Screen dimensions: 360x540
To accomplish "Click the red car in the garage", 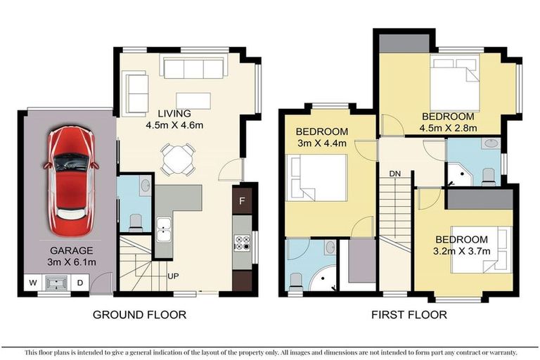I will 70,181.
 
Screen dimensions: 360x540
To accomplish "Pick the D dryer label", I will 79,283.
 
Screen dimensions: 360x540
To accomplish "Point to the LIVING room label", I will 174,113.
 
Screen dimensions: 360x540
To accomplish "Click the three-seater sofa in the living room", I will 193,68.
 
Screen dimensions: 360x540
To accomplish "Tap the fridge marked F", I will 243,200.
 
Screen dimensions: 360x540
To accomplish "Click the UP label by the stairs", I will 173,276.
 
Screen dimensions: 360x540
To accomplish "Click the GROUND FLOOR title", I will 140,315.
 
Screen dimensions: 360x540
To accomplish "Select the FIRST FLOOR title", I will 409,315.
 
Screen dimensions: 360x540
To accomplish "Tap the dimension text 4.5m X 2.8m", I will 449,128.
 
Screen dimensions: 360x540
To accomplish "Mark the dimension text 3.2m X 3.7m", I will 462,251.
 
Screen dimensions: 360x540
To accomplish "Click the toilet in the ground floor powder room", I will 136,221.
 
